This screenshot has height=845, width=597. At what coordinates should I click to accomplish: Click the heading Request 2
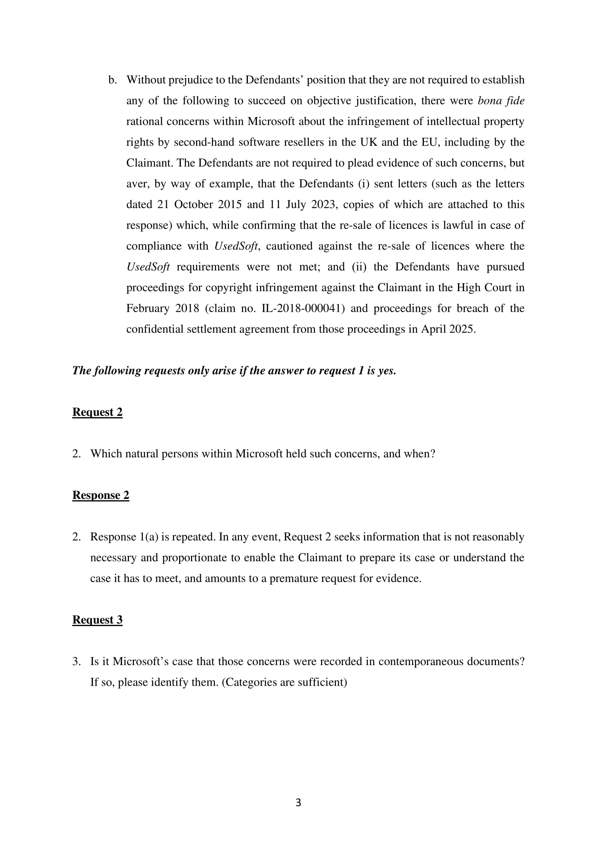tap(97, 412)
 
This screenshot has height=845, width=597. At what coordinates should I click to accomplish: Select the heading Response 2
tap(100, 495)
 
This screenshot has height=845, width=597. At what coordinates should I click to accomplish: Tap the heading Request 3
tap(97, 620)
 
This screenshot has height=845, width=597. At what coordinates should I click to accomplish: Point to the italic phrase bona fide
tap(501, 100)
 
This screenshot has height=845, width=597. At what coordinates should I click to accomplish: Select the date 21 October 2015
tap(199, 204)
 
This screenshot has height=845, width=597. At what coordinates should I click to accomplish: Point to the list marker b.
tap(113, 80)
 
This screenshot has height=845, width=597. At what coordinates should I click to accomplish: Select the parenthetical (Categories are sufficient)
tap(284, 682)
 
